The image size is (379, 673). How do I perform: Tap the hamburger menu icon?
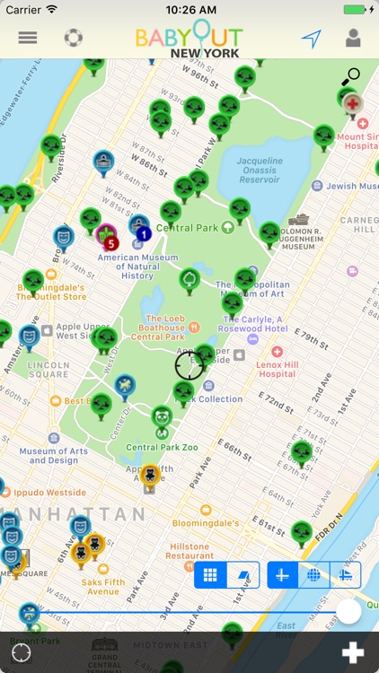click(x=28, y=39)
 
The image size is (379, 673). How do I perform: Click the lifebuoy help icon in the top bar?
click(x=74, y=39)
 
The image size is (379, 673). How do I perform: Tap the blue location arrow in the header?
click(x=311, y=39)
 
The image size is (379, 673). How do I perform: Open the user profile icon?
click(x=353, y=39)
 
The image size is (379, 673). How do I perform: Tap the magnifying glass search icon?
click(x=350, y=77)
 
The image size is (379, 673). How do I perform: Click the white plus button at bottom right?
click(x=353, y=652)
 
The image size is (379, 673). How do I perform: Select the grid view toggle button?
click(x=210, y=575)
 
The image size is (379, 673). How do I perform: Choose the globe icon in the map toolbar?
click(x=313, y=575)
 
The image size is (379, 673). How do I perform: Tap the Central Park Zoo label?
click(x=154, y=447)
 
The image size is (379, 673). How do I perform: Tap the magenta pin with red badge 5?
click(x=107, y=238)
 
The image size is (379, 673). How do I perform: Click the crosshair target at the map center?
click(x=189, y=365)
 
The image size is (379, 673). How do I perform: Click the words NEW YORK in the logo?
click(x=205, y=54)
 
